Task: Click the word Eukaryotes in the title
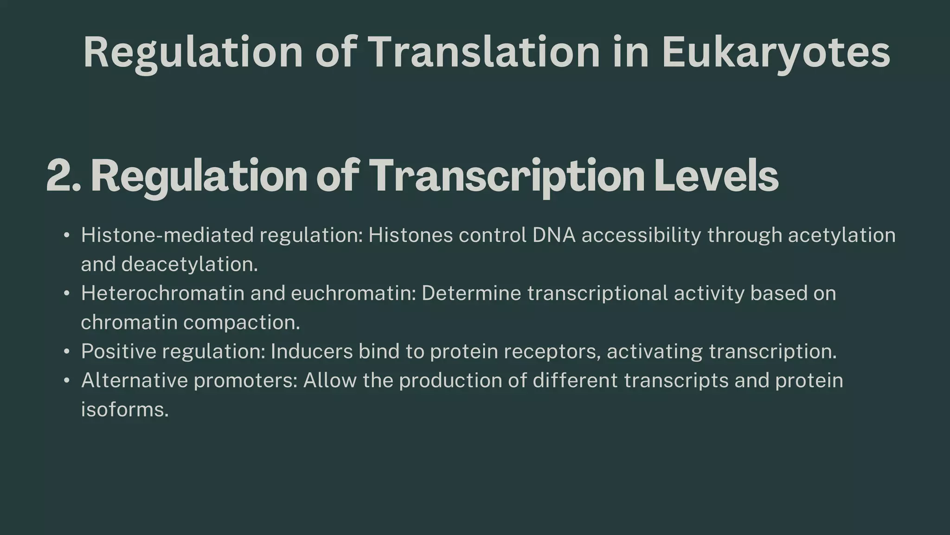tap(776, 52)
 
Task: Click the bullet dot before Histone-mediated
tap(67, 235)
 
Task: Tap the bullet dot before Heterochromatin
tap(67, 294)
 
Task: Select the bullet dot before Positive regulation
tap(67, 352)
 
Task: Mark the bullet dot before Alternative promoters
tap(67, 381)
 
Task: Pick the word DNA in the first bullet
tap(554, 235)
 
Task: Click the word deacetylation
tap(189, 265)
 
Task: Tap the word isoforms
tap(124, 410)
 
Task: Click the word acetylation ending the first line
tap(842, 235)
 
